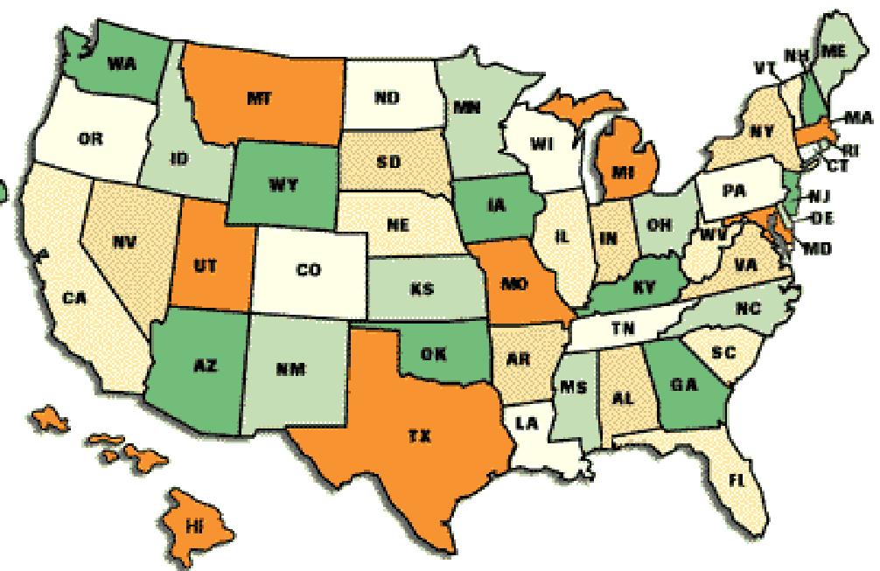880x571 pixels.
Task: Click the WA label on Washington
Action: coord(121,63)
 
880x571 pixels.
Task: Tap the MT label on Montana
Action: coord(259,99)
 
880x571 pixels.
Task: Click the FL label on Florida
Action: coord(744,478)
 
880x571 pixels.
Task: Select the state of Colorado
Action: coord(309,271)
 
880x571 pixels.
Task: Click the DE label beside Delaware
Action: coord(821,217)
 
